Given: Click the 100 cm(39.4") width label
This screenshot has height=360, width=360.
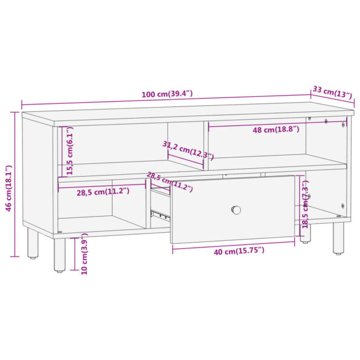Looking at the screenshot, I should coord(167,94).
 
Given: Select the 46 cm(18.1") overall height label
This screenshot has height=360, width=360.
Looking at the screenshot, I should coord(7,188).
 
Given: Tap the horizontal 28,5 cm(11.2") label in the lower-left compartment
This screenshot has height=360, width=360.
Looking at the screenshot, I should coord(102,192).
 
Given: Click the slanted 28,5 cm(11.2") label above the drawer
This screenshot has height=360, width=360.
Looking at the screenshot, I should coord(169,182).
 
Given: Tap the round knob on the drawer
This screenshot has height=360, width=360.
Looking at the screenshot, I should coord(236,210).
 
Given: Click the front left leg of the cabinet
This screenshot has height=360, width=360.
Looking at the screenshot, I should coord(59,255).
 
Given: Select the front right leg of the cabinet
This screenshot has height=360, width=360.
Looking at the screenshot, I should coord(338,238).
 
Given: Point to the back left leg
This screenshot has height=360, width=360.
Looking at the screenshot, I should coord(33,243).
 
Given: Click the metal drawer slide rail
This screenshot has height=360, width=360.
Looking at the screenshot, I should coord(159,214).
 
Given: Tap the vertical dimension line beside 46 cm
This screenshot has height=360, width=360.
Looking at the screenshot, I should coord(15,184).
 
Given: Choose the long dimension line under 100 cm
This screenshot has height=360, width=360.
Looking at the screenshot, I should coord(163,100).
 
